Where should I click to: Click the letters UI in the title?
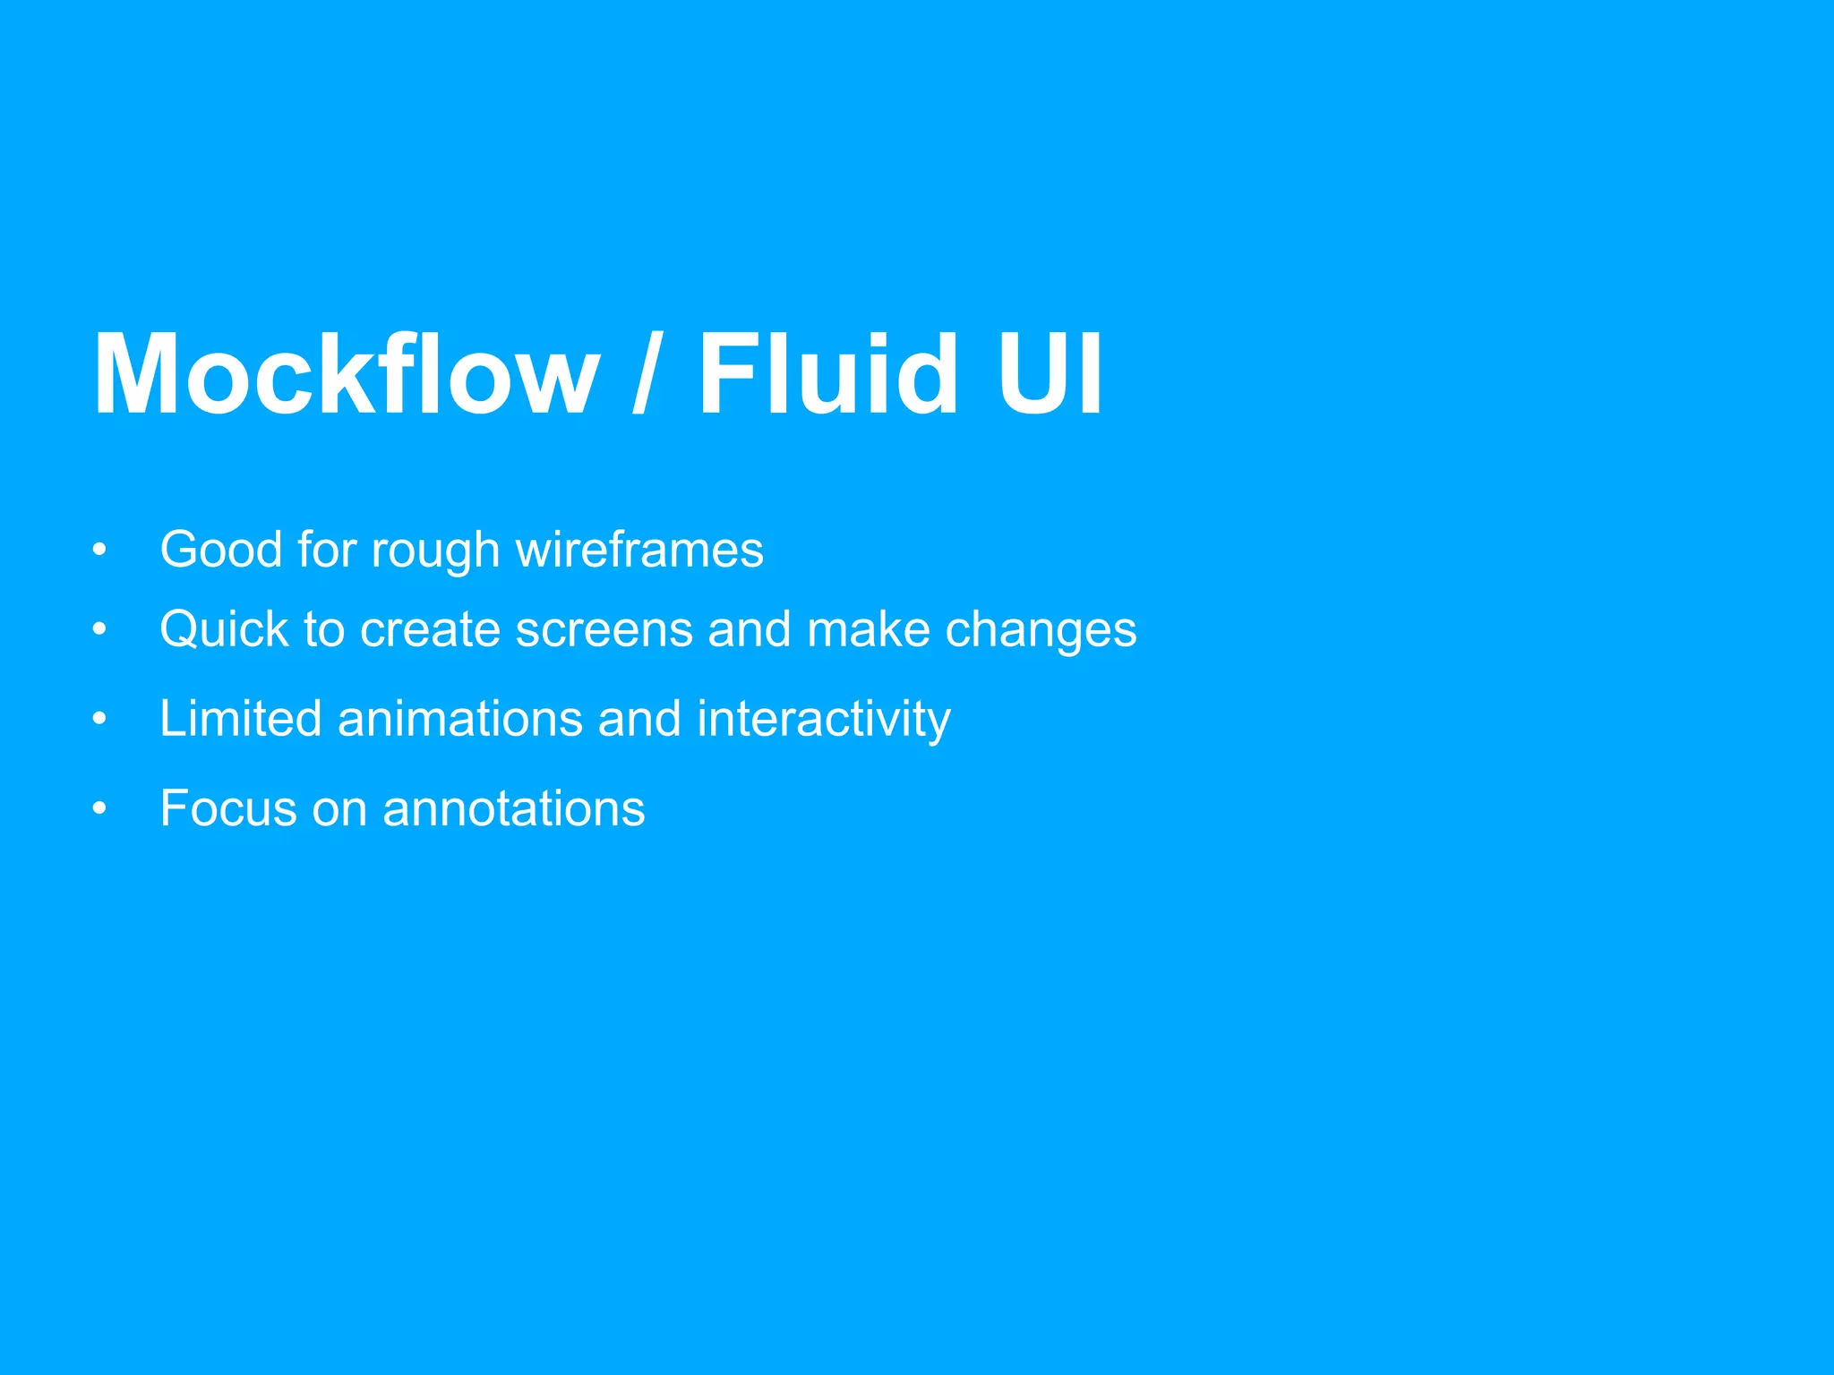(x=1050, y=374)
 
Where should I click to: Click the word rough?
(x=435, y=551)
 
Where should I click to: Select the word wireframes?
(x=639, y=549)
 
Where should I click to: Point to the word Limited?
(x=240, y=719)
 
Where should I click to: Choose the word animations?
(x=459, y=719)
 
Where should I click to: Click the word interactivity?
(x=824, y=720)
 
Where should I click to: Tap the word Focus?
(x=228, y=808)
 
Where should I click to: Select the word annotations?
(x=513, y=808)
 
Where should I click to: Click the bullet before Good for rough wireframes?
(x=99, y=550)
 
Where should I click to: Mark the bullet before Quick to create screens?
(x=99, y=630)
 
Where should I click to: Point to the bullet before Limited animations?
(x=99, y=719)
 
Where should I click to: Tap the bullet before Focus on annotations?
(x=99, y=808)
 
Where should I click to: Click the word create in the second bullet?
(x=430, y=630)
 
